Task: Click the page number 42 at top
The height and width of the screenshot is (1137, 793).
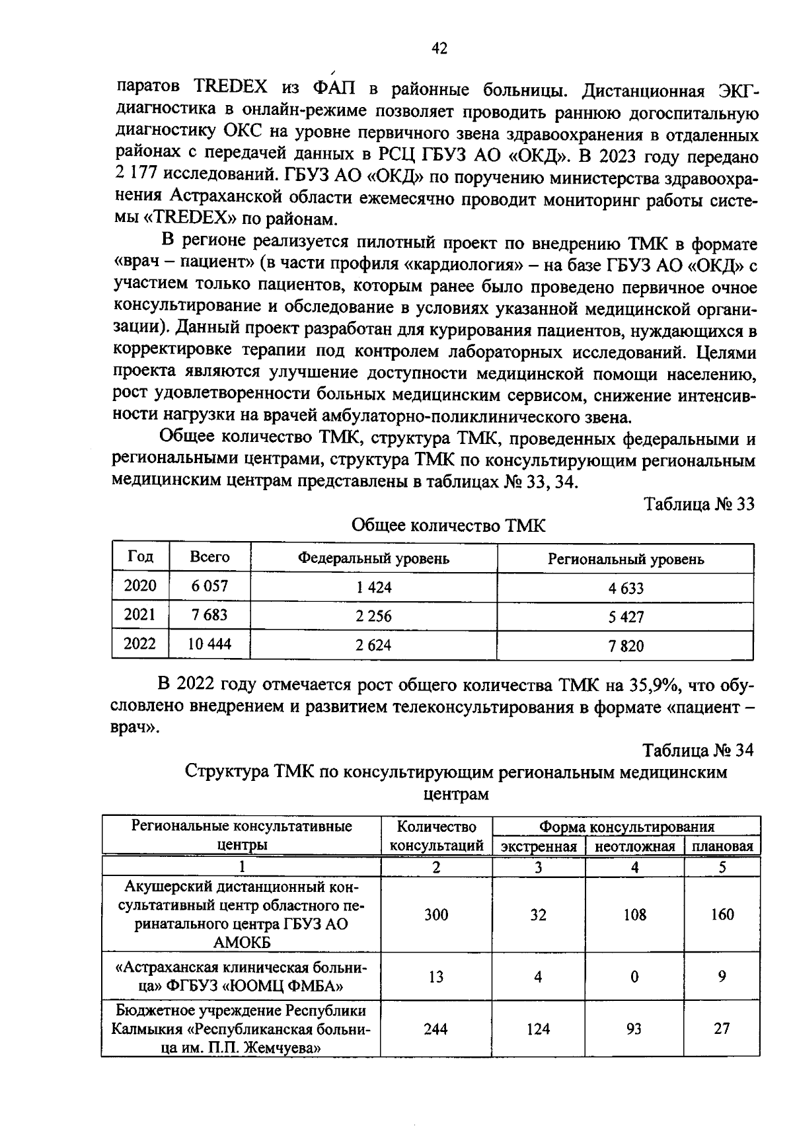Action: click(439, 48)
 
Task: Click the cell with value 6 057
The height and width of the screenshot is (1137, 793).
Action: click(209, 586)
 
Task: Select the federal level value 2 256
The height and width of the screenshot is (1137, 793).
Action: click(373, 616)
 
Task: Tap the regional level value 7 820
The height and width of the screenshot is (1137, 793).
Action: click(626, 646)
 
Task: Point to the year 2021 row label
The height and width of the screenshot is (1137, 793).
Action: click(140, 615)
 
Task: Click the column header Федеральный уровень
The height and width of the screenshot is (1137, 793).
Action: click(373, 559)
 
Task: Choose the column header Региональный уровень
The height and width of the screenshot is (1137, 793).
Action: click(626, 560)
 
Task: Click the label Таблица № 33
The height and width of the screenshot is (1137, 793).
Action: click(699, 504)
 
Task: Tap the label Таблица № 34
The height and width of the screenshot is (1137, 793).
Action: click(698, 751)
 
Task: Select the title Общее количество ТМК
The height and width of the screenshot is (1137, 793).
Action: click(449, 526)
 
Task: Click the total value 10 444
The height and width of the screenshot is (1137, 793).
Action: click(209, 644)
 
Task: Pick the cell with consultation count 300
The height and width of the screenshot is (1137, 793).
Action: click(436, 915)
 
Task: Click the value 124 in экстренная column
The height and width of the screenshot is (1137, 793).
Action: click(538, 1029)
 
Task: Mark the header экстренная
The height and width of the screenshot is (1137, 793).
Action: click(539, 847)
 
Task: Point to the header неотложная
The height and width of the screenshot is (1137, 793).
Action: click(634, 847)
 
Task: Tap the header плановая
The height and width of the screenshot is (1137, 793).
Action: click(722, 847)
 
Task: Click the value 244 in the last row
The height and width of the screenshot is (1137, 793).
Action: click(436, 1029)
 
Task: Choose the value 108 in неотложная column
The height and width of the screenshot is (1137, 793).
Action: click(634, 915)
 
